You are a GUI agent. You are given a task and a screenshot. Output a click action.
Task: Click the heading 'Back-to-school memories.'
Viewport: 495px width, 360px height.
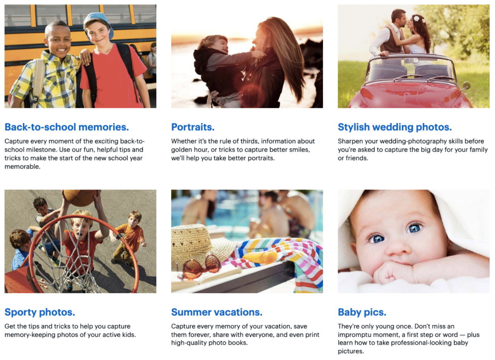point(67,127)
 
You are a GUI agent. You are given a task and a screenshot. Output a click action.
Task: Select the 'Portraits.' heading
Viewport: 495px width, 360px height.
point(193,127)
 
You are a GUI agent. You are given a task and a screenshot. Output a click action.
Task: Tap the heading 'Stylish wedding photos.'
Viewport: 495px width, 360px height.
point(395,127)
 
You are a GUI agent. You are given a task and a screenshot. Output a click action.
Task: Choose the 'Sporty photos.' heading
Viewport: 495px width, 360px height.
point(40,312)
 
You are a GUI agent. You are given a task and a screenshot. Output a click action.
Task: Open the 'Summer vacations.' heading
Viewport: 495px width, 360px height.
point(217,312)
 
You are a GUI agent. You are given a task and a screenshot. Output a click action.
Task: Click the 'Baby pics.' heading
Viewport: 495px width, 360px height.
point(362,312)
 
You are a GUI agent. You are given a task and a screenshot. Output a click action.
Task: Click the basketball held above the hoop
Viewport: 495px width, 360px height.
point(80,197)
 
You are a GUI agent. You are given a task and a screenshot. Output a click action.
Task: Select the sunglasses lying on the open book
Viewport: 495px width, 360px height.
point(199,267)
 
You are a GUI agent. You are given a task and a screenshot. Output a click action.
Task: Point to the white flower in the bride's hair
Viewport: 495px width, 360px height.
point(416,19)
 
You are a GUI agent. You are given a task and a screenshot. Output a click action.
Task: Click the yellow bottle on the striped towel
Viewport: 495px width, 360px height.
point(260,257)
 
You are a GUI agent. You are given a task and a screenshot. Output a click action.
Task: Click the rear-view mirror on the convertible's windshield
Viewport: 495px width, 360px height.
point(411,60)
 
